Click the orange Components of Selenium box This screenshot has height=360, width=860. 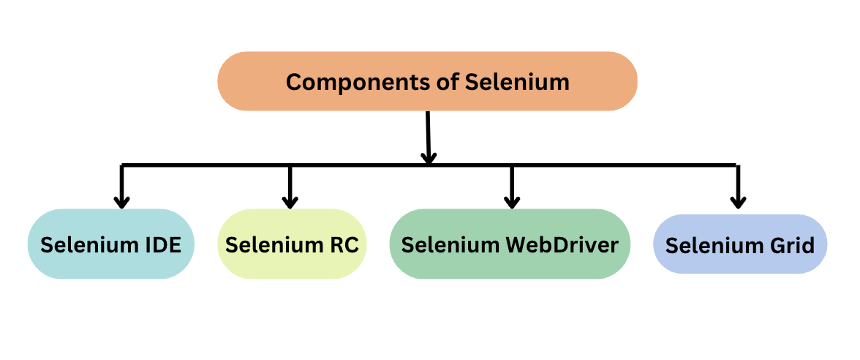coord(427,81)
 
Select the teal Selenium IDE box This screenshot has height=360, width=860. coord(110,244)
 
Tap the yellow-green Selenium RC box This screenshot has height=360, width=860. coord(292,244)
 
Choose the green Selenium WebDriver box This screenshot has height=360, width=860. coord(510,244)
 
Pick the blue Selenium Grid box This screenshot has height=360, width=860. coord(739,244)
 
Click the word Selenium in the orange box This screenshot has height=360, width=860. coord(517,81)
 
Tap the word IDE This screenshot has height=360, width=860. coord(161,244)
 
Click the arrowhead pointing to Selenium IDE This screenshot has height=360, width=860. coord(122,201)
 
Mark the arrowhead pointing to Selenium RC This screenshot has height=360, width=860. coord(290,201)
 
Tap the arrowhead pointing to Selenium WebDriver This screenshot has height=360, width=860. coord(512,201)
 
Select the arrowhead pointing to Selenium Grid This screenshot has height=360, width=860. coord(739,201)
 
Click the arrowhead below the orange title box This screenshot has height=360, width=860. coord(429,157)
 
